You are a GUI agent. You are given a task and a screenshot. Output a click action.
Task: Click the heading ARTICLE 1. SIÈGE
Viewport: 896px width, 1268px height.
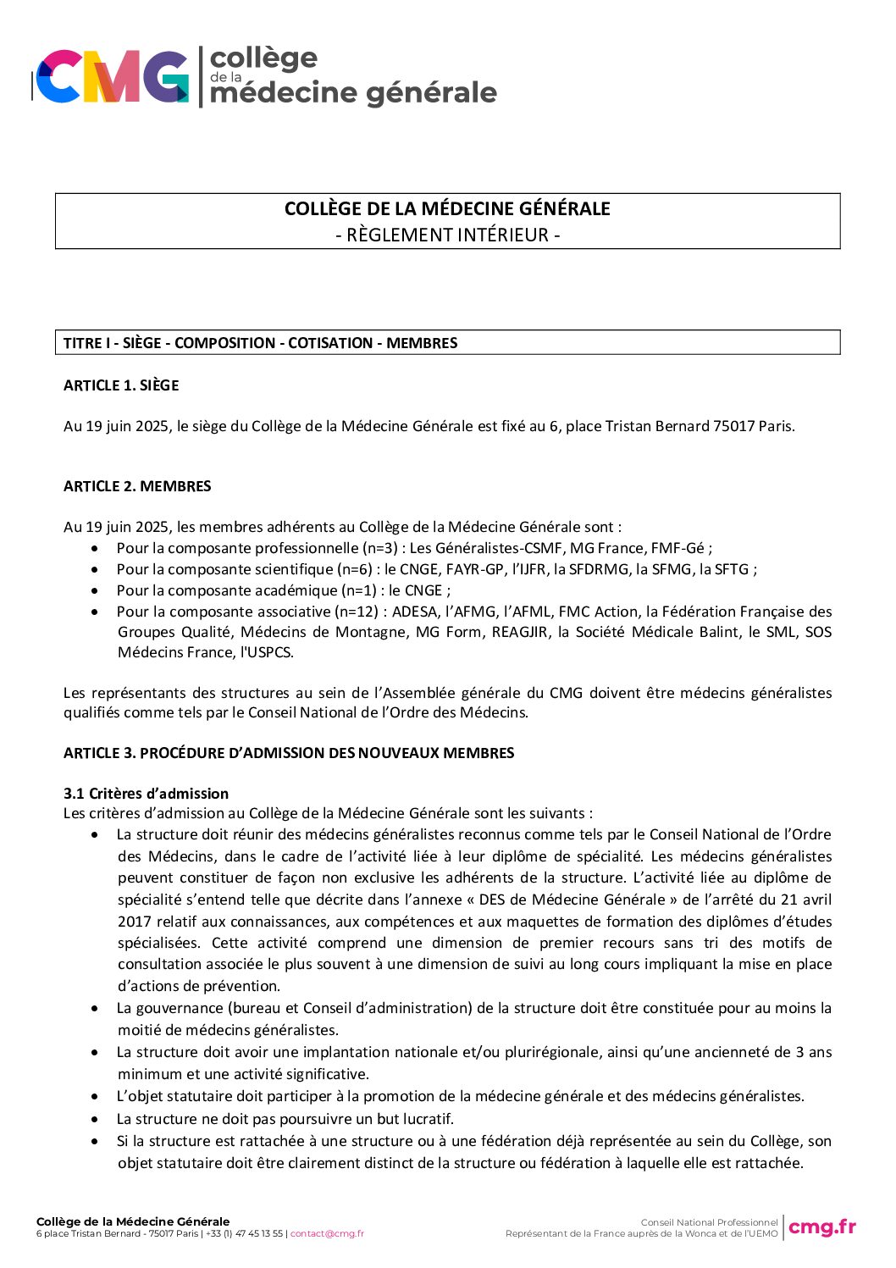[121, 385]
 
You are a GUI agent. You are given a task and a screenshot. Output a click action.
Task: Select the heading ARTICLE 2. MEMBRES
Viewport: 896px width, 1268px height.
[137, 486]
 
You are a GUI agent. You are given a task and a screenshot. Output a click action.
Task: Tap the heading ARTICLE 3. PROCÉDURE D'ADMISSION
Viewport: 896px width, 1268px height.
[289, 753]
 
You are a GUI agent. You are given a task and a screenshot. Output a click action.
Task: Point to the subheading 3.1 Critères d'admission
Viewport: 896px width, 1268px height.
[146, 794]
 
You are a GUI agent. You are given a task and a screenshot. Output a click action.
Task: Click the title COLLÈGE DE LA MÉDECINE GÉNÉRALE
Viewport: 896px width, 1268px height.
[447, 209]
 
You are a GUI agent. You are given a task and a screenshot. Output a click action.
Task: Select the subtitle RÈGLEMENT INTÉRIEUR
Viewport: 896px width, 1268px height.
[447, 235]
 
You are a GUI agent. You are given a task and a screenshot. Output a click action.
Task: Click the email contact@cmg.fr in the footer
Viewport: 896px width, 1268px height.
[327, 1233]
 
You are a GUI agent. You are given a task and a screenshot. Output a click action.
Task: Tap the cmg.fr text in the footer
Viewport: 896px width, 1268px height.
[821, 1226]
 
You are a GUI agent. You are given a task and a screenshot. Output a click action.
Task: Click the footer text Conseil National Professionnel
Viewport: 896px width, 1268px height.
[709, 1222]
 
